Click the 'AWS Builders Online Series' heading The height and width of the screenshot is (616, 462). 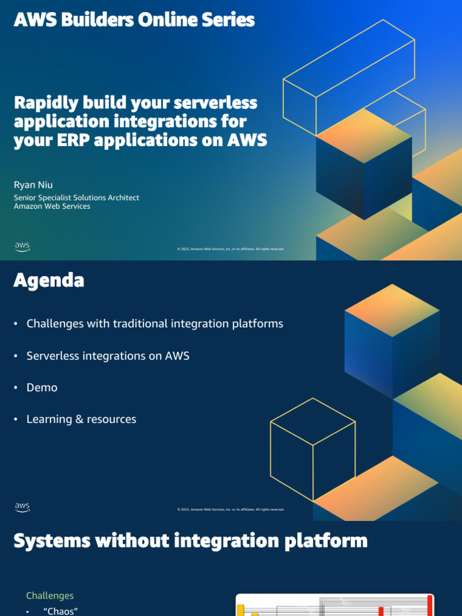134,20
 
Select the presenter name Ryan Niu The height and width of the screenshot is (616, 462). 33,184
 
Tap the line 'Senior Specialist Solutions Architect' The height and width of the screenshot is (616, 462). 76,197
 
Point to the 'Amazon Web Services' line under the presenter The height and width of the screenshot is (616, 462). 52,206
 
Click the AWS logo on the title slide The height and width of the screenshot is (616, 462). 22,247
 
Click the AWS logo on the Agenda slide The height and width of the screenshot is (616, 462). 22,507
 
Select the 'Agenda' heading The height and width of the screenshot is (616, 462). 49,280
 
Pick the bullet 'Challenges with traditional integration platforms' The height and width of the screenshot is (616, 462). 155,324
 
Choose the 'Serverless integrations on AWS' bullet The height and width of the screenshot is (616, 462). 108,356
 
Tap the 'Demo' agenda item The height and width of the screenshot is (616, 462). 42,387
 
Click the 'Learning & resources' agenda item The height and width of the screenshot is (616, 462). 81,419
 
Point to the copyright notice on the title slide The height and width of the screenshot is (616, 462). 230,249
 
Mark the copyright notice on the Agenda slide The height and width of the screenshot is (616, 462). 230,510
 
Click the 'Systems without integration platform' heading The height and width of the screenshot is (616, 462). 190,540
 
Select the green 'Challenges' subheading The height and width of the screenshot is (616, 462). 50,596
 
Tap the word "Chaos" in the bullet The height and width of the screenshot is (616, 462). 61,611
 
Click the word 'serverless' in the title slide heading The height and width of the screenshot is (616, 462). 214,103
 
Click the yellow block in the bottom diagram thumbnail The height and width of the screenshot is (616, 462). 241,610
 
